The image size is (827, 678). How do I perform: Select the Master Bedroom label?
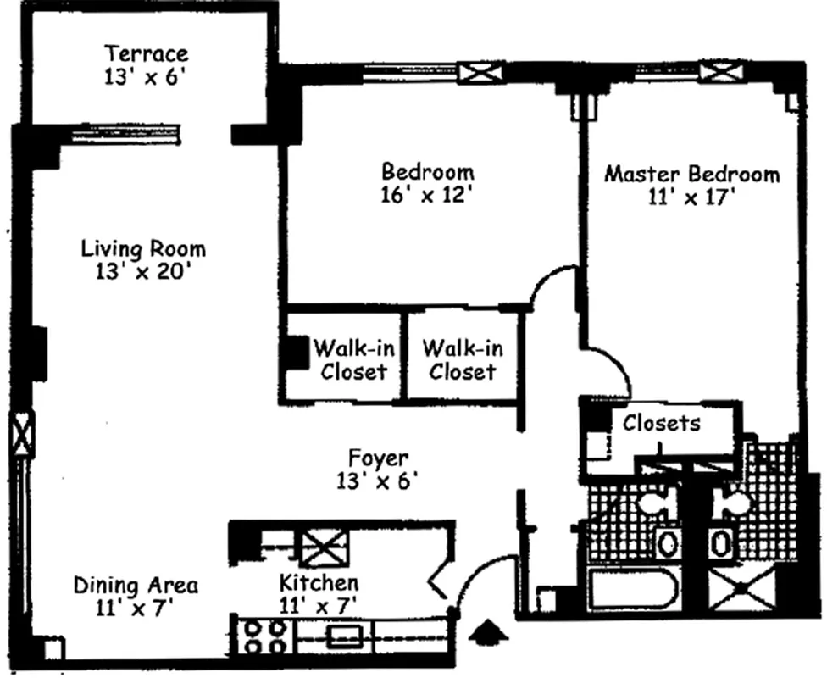[x=691, y=175]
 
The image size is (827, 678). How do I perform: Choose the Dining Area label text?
[x=136, y=585]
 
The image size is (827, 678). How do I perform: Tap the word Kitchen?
[x=319, y=583]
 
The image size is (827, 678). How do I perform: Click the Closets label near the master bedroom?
[x=662, y=422]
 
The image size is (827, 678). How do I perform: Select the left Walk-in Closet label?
[x=353, y=359]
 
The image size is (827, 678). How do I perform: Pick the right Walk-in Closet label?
[x=462, y=359]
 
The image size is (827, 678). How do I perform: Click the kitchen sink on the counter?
[x=345, y=636]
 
